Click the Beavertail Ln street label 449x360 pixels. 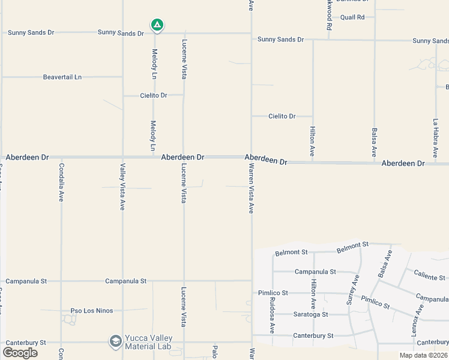(62, 77)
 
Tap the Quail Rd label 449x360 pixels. (352, 17)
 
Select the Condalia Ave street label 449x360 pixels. (61, 182)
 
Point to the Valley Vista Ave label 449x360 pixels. (122, 187)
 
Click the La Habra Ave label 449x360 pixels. (436, 137)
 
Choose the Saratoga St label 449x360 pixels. (310, 314)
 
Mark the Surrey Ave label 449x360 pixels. (354, 290)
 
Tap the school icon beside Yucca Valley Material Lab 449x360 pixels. (115, 341)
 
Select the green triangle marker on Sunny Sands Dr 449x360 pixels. (157, 25)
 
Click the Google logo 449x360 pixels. (20, 352)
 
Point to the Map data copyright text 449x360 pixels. (423, 355)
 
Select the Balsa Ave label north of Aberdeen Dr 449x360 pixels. (375, 142)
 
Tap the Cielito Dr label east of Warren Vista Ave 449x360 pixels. (282, 116)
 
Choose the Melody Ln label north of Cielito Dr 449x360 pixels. (154, 64)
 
